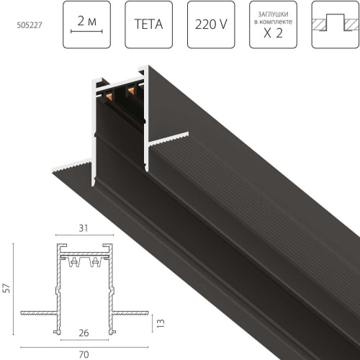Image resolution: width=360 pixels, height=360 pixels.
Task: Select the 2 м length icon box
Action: [x=86, y=25]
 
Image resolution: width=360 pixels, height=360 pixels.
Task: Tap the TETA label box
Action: [x=148, y=25]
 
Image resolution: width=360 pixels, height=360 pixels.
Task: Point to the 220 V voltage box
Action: [x=211, y=25]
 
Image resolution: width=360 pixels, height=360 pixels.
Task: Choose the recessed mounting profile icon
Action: [x=335, y=25]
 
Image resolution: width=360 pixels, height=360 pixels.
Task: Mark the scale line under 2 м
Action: [x=86, y=32]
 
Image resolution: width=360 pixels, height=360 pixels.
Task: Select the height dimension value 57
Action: [x=7, y=287]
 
